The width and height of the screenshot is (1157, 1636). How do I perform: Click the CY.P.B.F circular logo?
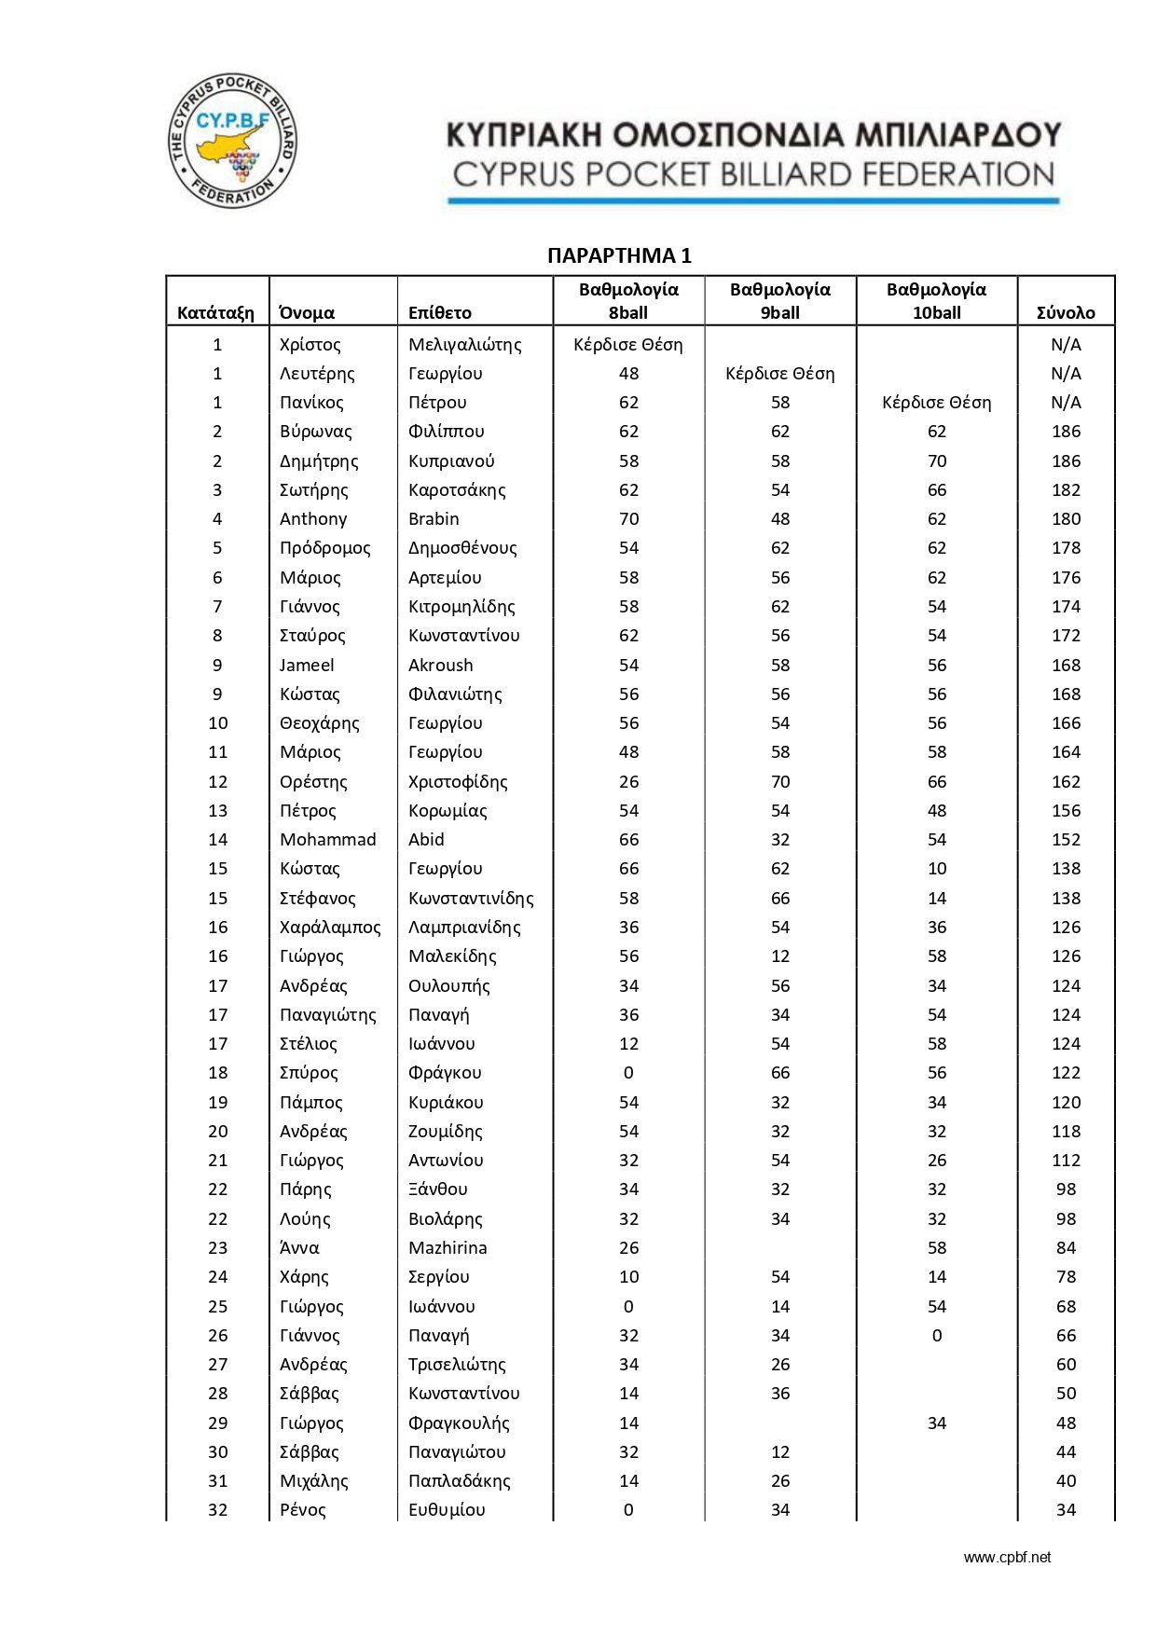[232, 140]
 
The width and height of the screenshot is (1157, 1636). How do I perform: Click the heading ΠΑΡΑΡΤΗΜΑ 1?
[619, 255]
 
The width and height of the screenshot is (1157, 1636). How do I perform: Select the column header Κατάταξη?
[215, 312]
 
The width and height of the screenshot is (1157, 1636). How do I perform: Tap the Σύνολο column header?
[1066, 312]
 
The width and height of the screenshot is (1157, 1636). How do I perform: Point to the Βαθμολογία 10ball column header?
[936, 301]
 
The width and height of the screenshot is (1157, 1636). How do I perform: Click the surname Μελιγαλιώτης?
[464, 344]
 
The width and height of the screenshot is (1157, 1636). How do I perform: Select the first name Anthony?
[313, 518]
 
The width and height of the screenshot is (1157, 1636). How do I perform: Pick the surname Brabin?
[434, 518]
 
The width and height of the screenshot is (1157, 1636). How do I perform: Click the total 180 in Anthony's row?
[1066, 518]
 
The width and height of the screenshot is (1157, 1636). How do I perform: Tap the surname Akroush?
[440, 665]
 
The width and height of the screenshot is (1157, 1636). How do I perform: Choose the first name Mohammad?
[327, 839]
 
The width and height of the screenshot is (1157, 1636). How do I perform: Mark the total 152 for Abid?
[1066, 839]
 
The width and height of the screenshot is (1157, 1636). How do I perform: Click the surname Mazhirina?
[448, 1247]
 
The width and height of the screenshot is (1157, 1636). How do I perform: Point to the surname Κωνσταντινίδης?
[471, 898]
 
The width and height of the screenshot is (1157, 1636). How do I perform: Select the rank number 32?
[217, 1509]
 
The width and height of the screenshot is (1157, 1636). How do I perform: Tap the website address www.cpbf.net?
[1007, 1557]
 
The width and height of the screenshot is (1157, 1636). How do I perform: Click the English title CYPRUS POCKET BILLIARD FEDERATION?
[753, 174]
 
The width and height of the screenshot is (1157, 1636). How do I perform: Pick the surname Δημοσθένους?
[462, 547]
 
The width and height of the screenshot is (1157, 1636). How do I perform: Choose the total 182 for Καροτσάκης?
[1066, 489]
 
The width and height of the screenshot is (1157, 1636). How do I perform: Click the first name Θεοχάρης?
[319, 722]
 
